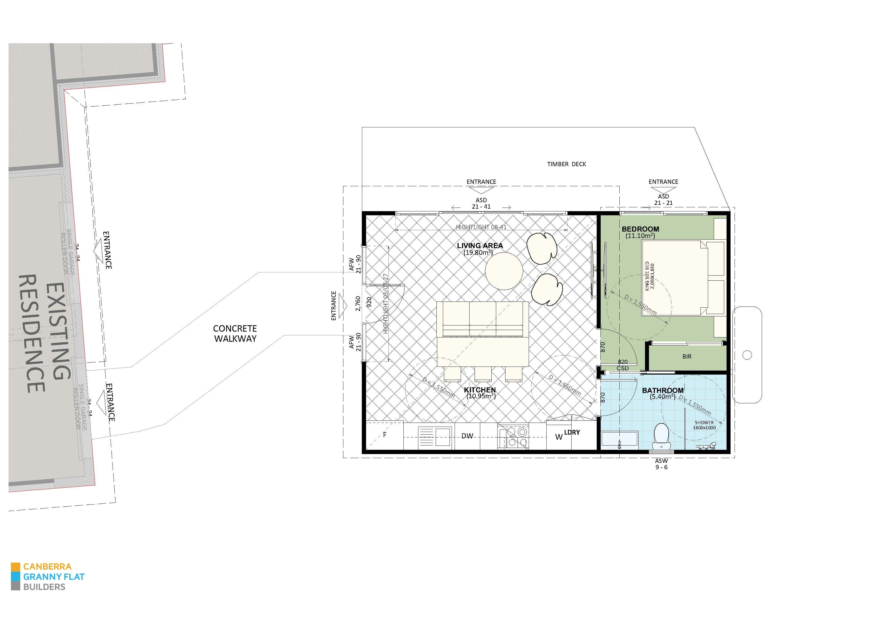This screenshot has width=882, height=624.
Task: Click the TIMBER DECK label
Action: [x=567, y=164]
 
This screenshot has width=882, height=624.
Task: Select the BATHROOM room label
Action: [x=663, y=390]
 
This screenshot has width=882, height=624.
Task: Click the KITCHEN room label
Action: [x=480, y=390]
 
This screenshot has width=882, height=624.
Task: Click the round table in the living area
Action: [x=504, y=271]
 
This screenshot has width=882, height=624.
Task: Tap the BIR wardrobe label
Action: [x=687, y=357]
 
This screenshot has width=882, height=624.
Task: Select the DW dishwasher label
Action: [x=467, y=436]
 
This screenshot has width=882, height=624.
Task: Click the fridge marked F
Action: [x=384, y=435]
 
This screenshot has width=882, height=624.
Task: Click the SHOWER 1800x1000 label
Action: [x=704, y=425]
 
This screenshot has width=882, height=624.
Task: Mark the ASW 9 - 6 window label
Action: [x=661, y=464]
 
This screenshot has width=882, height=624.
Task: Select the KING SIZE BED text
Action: [x=649, y=276]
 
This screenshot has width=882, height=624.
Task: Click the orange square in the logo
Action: [x=15, y=567]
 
